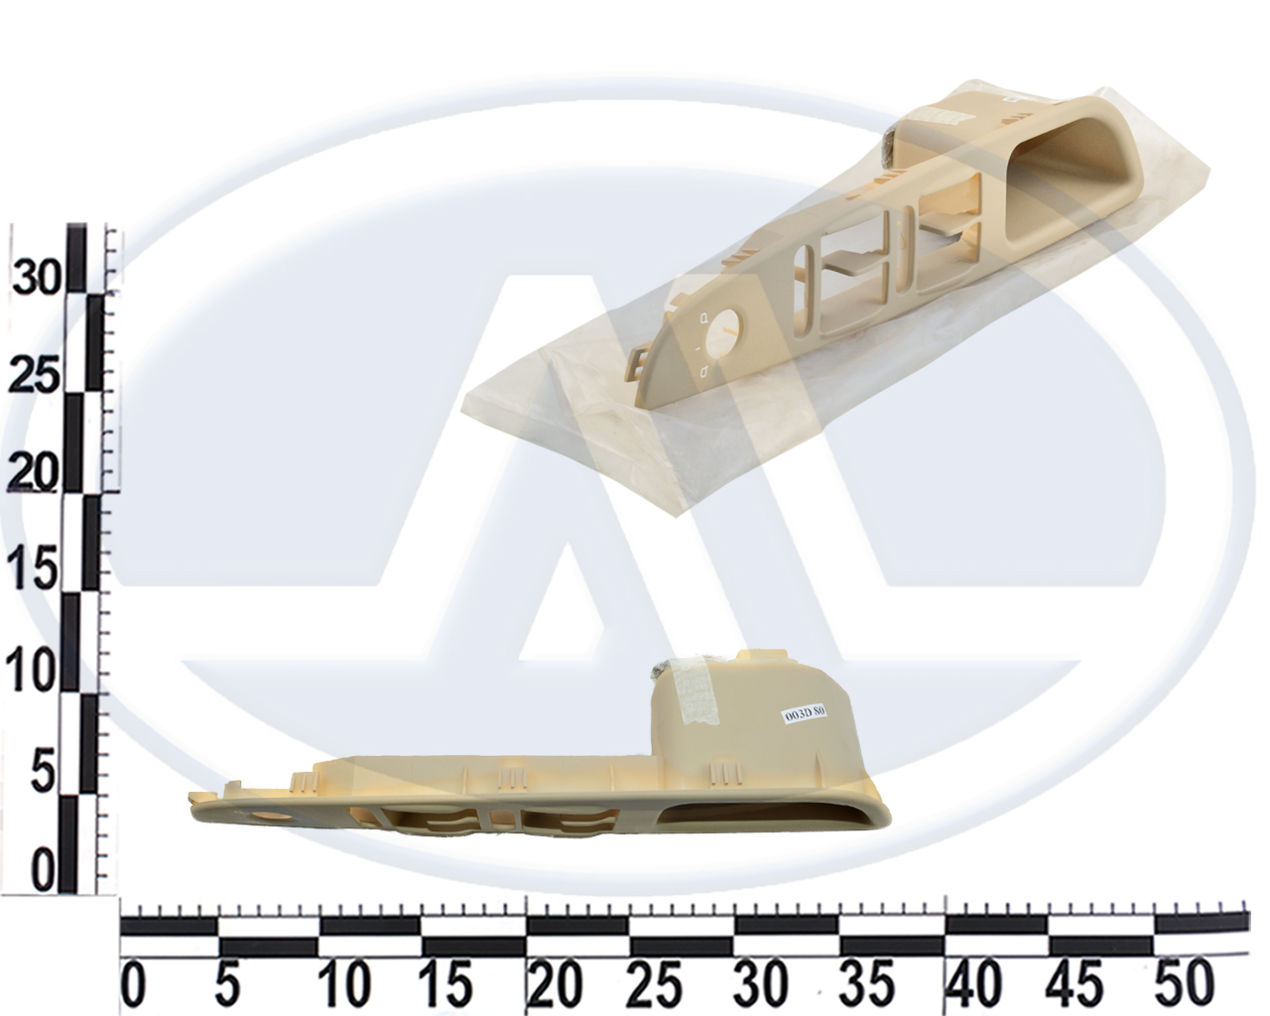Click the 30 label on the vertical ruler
coord(37,276)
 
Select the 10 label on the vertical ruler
coord(32,673)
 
